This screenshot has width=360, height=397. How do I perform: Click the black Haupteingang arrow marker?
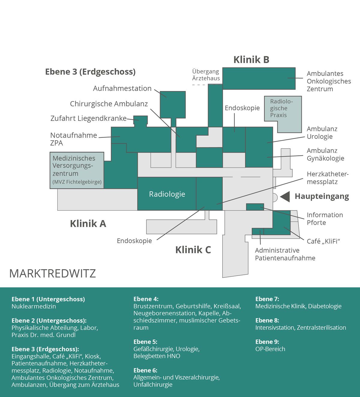coord(285,197)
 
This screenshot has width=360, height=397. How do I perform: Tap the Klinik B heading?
coord(251,59)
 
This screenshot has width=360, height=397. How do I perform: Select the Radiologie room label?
coord(167,194)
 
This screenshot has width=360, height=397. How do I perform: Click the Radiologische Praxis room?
coord(283,114)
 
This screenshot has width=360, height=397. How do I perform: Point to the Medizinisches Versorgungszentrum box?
coord(77,170)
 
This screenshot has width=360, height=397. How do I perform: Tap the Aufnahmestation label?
coord(122,88)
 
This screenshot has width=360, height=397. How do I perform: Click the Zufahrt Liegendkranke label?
coord(88,118)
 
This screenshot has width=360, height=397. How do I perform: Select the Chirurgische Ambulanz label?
coord(109,104)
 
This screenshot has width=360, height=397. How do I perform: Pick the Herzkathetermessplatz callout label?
coord(328,178)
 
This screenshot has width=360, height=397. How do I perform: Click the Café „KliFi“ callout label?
coord(323,241)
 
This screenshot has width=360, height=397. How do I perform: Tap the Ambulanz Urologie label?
coord(322,133)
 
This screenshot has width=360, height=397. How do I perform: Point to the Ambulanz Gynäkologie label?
coord(325,154)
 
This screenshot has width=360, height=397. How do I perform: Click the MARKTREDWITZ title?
coord(52,274)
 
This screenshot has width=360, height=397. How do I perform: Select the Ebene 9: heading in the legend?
coord(267,341)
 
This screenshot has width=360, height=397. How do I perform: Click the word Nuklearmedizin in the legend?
coord(34,306)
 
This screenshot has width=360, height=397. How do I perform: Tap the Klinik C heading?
coord(193,250)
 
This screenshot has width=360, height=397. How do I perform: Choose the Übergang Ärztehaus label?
coord(206,75)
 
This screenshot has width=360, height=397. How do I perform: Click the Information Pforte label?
coord(325,219)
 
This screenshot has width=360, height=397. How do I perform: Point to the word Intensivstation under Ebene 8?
coord(275,328)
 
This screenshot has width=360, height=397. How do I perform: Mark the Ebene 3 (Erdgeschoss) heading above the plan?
coord(90,72)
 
